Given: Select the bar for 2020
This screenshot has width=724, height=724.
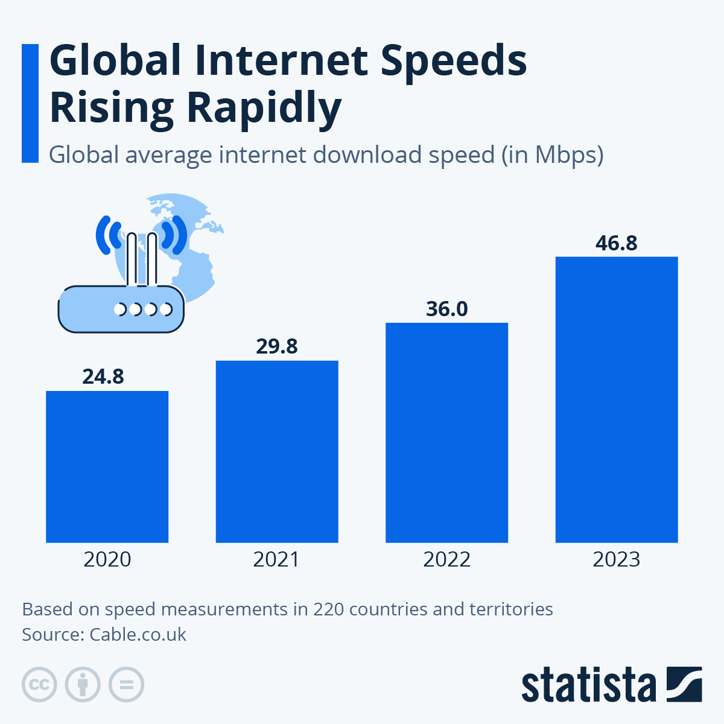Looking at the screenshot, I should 107,466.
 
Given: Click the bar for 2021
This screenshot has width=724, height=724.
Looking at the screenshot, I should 277,451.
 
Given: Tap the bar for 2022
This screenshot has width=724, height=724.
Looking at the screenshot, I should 446,433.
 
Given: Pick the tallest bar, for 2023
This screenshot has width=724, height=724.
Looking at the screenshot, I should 617,399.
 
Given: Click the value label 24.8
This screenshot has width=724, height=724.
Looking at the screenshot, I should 103,376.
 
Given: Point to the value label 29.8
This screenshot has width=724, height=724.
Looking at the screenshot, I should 277,346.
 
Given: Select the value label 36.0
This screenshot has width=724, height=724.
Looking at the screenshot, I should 446,309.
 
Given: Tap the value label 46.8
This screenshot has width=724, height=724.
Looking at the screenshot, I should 617,243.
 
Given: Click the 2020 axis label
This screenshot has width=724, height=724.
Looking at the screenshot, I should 107,560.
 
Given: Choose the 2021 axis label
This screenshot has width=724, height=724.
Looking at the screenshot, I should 277,560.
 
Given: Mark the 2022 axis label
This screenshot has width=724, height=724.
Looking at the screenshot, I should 446,560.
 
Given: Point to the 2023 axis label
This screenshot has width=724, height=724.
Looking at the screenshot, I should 617,560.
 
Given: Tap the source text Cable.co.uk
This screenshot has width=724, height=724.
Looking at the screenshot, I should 138,635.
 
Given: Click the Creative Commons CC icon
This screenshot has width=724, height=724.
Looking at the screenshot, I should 39,685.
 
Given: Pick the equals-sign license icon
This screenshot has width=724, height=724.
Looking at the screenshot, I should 127,685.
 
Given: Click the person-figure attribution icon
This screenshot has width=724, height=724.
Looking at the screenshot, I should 83,685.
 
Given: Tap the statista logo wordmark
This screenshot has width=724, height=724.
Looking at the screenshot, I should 588,685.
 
